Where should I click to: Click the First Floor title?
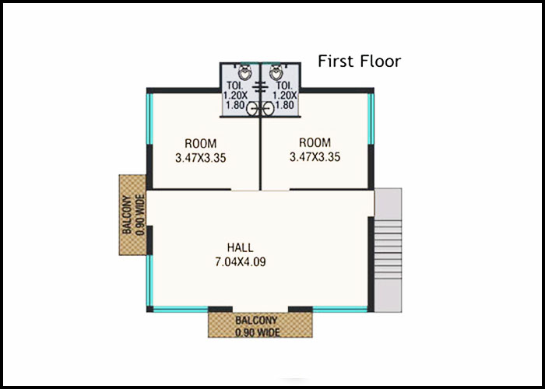pos(360,61)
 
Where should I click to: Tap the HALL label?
pos(240,247)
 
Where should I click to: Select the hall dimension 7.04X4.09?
pos(241,262)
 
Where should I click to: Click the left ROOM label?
pos(201,143)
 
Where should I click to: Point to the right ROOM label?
pos(315,142)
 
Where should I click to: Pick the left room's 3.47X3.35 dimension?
pos(201,158)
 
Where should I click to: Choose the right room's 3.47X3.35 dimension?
pos(315,157)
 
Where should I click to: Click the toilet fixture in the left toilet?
pos(245,72)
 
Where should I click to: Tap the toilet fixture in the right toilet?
pos(276,72)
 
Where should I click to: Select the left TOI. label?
pos(235,86)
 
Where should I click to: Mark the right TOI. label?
pos(284,86)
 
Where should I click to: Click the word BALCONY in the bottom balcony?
pos(256,320)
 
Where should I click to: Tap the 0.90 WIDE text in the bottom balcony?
pos(257,332)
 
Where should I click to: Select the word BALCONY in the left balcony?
pos(126,214)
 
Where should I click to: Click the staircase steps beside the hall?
pos(388,249)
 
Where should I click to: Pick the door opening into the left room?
pos(245,190)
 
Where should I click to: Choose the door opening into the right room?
pos(276,190)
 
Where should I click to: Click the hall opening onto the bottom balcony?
pos(260,310)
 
